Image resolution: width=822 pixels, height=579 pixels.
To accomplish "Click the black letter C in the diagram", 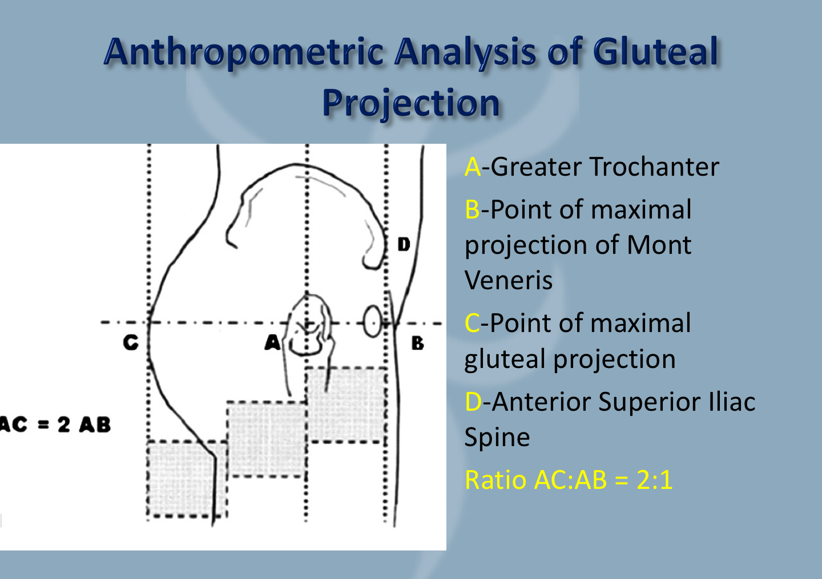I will pyautogui.click(x=131, y=342).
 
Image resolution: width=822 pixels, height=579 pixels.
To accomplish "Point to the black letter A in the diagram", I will pyautogui.click(x=272, y=342).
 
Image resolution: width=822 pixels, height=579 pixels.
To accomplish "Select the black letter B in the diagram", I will pyautogui.click(x=417, y=343).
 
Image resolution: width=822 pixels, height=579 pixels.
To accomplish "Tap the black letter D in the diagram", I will pyautogui.click(x=404, y=245).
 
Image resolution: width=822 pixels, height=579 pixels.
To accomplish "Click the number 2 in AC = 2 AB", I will pyautogui.click(x=64, y=424).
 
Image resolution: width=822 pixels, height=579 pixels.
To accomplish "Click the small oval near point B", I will pyautogui.click(x=372, y=321).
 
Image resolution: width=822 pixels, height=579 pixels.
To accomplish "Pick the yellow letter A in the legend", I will pyautogui.click(x=472, y=167).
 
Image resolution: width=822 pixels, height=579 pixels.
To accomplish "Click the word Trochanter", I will pyautogui.click(x=654, y=167).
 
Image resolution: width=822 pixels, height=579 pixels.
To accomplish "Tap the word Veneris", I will pyautogui.click(x=508, y=280).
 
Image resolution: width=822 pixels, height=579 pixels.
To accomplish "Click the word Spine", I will pyautogui.click(x=497, y=438).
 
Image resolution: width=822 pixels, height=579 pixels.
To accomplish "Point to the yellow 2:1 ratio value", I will pyautogui.click(x=654, y=480).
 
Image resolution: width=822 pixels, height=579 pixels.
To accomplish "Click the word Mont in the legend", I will pyautogui.click(x=659, y=245).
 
